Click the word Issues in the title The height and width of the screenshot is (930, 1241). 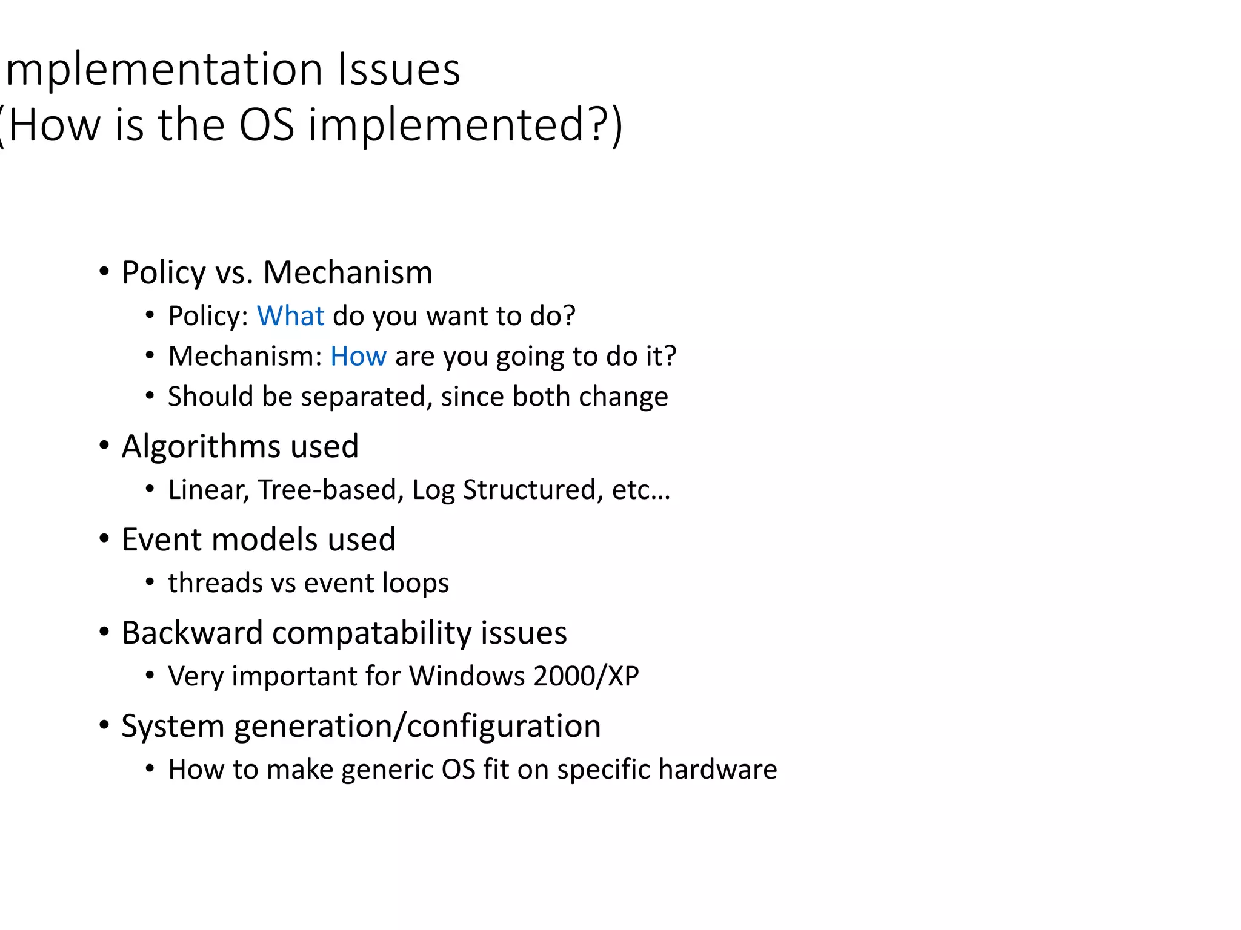pos(399,70)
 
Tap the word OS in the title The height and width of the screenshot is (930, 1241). pos(267,125)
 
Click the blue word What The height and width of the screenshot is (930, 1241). pos(290,316)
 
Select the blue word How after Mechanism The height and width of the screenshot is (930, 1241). pos(358,356)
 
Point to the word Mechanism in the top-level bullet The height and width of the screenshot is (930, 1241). pos(348,272)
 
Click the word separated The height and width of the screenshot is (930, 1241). pos(366,397)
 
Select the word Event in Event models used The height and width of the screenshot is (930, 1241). pos(161,539)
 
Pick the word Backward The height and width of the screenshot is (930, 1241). pos(192,633)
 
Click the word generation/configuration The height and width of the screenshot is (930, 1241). pos(417,727)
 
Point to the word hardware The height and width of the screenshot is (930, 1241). pos(717,770)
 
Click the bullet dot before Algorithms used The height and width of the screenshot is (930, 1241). pos(104,446)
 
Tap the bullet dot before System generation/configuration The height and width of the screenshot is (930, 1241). pos(104,725)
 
